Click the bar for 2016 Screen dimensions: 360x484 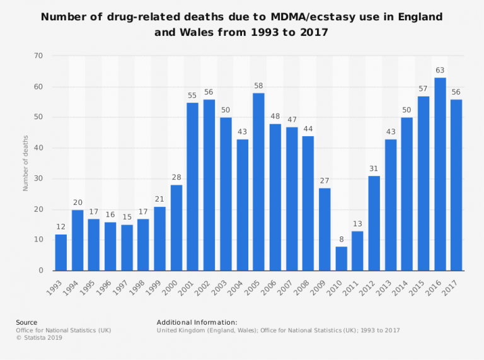tap(439, 174)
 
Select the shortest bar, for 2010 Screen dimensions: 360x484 tap(341, 258)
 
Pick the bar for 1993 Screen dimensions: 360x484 tap(61, 252)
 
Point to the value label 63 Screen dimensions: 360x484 tap(439, 71)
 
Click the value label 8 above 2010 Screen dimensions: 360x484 tap(341, 240)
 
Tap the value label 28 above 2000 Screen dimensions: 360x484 tap(176, 178)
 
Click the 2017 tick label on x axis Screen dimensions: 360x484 tap(452, 284)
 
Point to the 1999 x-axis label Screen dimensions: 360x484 tap(156, 284)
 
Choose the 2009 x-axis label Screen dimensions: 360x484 tap(321, 284)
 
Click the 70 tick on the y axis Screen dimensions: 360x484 tap(38, 56)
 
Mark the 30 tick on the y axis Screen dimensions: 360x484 tap(38, 179)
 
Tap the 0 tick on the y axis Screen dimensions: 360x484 tap(40, 270)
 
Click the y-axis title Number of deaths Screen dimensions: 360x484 tap(26, 163)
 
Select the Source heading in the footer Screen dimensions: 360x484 tap(26, 322)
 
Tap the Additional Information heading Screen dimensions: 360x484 tap(197, 322)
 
